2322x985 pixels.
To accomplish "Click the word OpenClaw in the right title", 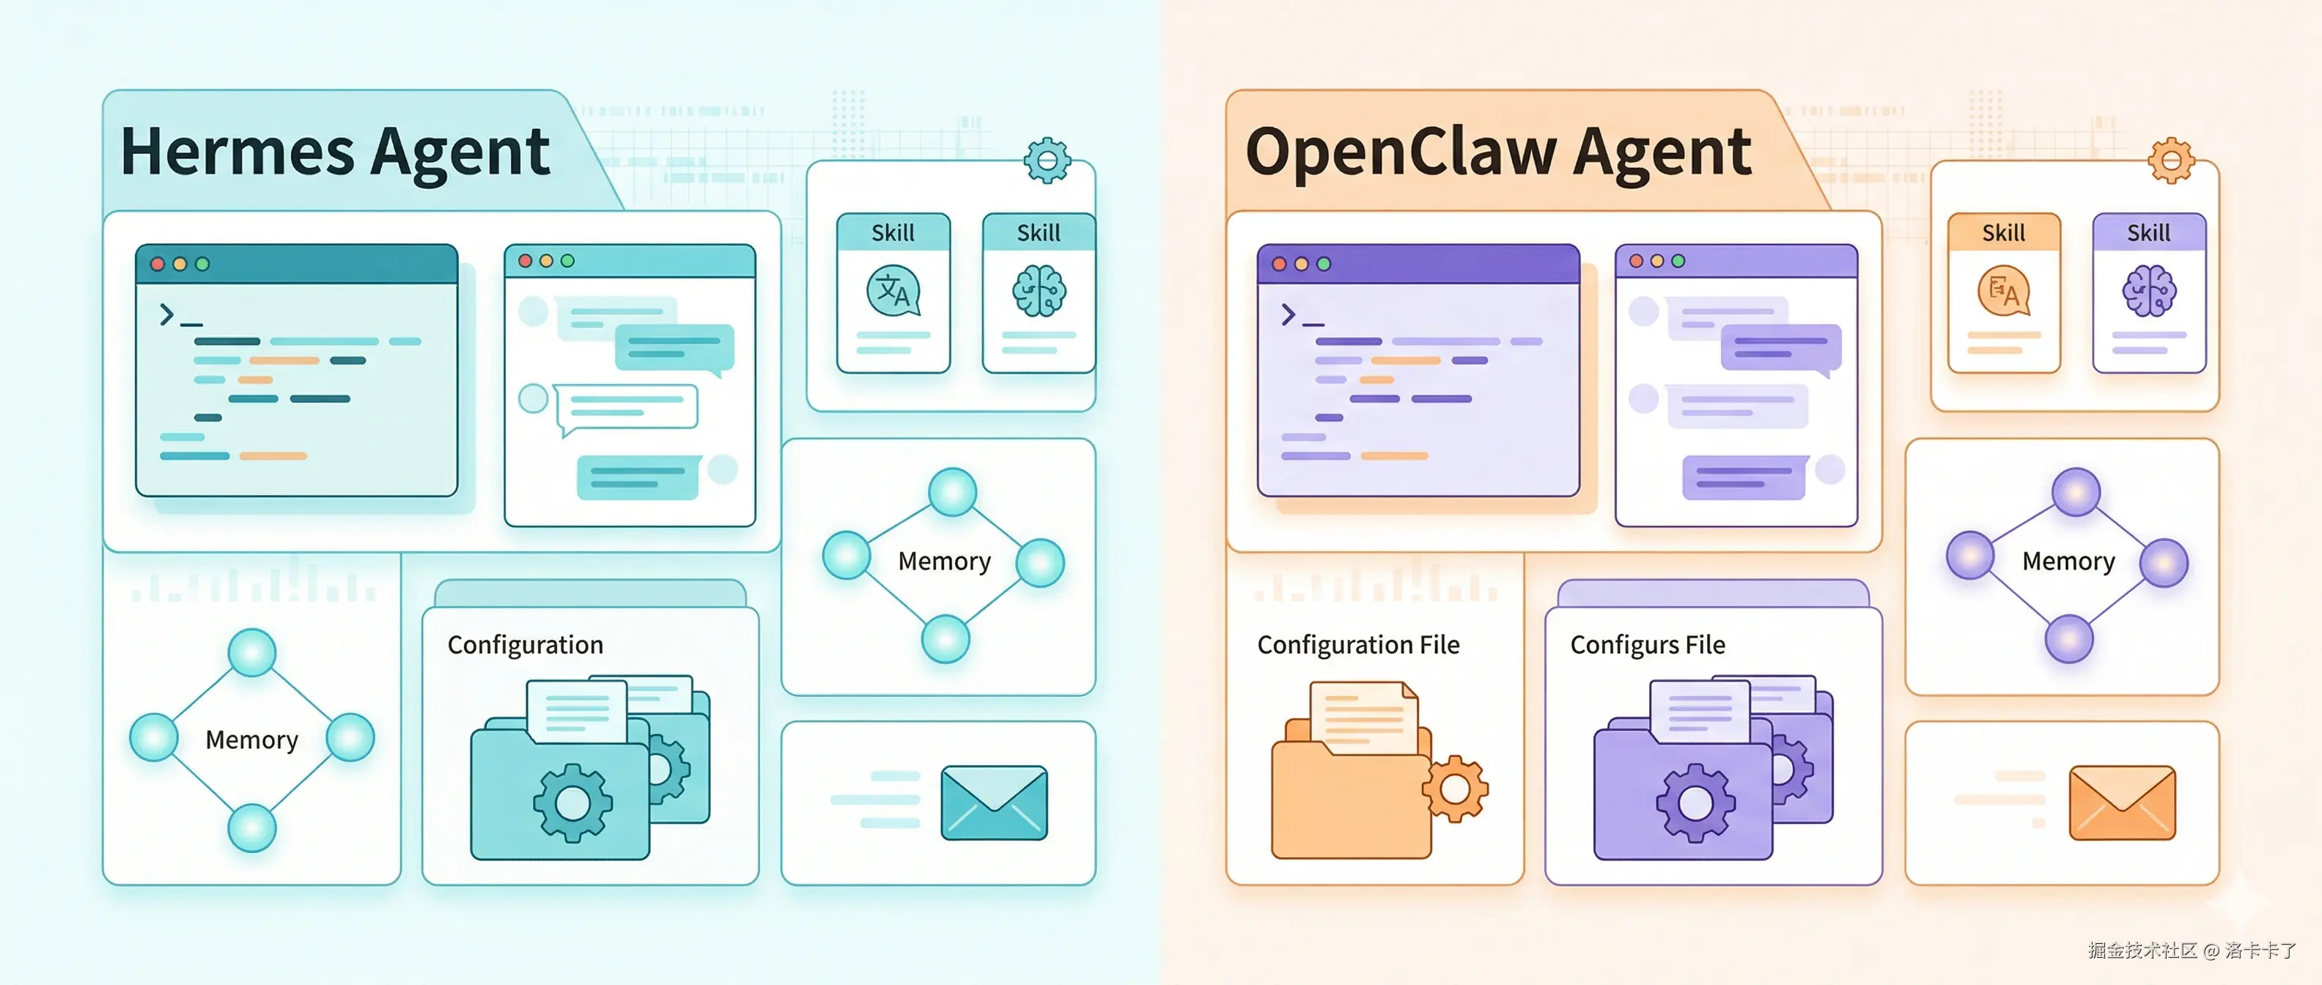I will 1401,152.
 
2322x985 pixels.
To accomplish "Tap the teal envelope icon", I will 993,802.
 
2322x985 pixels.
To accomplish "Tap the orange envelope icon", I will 2122,802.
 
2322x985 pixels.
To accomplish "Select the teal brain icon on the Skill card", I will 1039,291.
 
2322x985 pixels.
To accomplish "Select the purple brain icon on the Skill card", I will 2149,291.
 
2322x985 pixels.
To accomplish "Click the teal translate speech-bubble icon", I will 893,290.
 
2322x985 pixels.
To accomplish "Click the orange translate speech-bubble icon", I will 2003,290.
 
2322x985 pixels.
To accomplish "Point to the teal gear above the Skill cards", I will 1047,161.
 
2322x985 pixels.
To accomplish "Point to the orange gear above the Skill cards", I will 2170,161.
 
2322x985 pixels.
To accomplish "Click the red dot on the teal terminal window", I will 158,264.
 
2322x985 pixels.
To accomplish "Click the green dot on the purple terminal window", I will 1323,264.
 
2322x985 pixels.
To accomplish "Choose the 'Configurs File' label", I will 1647,645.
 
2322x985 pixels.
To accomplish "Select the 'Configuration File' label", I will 1357,645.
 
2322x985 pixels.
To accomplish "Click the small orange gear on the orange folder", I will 1455,789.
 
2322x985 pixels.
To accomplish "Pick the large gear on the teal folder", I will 572,802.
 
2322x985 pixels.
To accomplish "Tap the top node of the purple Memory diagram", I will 2076,492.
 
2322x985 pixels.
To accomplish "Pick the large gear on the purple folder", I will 1695,802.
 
